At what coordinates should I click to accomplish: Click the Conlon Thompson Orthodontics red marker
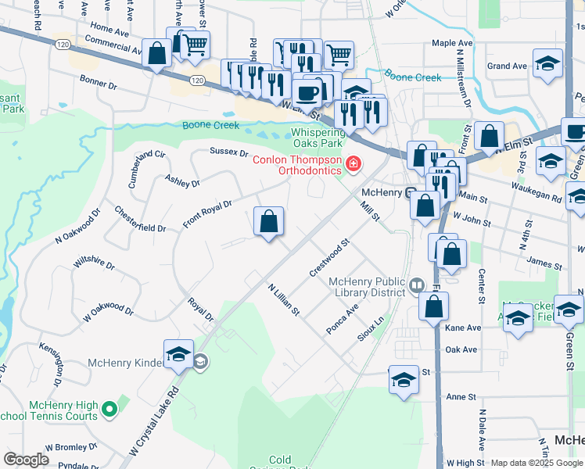[354, 163]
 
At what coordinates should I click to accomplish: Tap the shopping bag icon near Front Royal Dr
[268, 222]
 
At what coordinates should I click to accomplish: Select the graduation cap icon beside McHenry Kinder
[178, 355]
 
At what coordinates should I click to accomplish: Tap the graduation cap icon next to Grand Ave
[547, 64]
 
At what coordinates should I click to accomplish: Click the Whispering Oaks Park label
[318, 138]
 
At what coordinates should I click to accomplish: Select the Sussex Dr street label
[228, 152]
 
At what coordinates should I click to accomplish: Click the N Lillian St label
[283, 299]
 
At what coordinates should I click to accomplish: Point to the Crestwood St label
[328, 258]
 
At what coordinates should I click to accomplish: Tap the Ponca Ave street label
[342, 320]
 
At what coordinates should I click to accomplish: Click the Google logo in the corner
[26, 460]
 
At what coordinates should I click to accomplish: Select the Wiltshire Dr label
[94, 260]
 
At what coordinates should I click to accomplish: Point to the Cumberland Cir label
[150, 166]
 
